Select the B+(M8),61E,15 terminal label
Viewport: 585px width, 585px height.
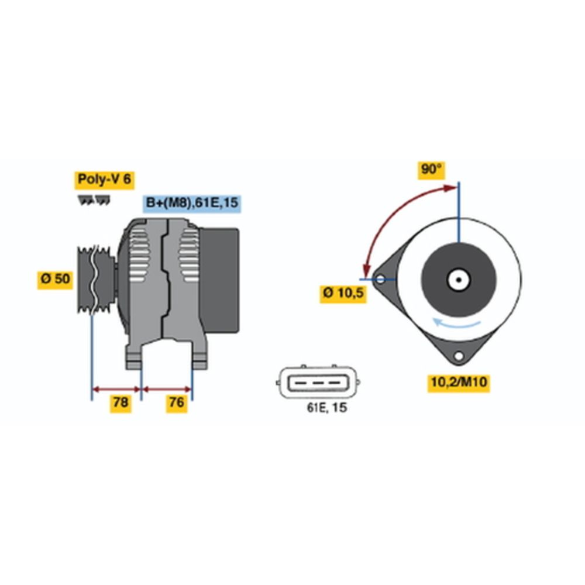pos(192,203)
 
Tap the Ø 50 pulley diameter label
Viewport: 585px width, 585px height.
pos(56,280)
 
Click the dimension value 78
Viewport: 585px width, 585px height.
pos(121,402)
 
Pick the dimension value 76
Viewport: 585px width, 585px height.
pos(177,402)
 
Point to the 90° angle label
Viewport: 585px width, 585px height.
pos(432,170)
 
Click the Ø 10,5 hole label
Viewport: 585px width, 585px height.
pos(343,293)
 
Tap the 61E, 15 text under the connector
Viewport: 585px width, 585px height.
pos(327,408)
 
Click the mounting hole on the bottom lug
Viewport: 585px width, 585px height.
pos(459,356)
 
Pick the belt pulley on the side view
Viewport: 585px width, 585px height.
pos(95,280)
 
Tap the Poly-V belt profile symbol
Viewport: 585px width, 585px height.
pos(94,201)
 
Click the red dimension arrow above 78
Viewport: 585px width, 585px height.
pos(116,388)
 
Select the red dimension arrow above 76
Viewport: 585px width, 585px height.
pos(167,388)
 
